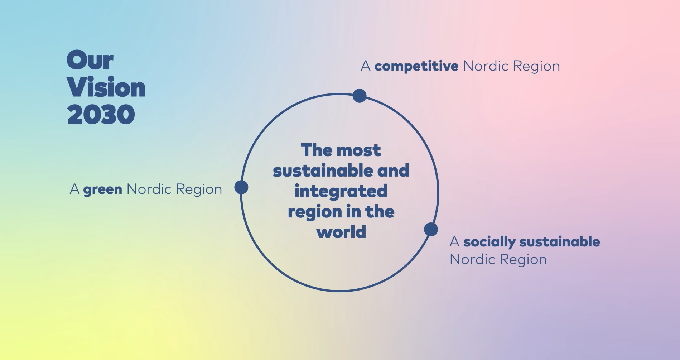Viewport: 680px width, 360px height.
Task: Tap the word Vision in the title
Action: [106, 87]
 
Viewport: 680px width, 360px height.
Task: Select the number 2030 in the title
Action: [101, 115]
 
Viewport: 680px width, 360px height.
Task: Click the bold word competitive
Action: [416, 66]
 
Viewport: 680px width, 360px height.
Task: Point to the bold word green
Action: [103, 189]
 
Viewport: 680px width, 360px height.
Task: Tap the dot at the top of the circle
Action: [360, 96]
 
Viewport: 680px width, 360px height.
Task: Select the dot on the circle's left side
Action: [241, 187]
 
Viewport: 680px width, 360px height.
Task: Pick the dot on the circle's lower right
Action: [431, 229]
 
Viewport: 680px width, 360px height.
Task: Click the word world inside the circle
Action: [341, 232]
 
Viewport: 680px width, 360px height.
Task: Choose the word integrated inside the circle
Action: [341, 191]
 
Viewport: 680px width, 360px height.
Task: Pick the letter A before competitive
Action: [366, 66]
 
